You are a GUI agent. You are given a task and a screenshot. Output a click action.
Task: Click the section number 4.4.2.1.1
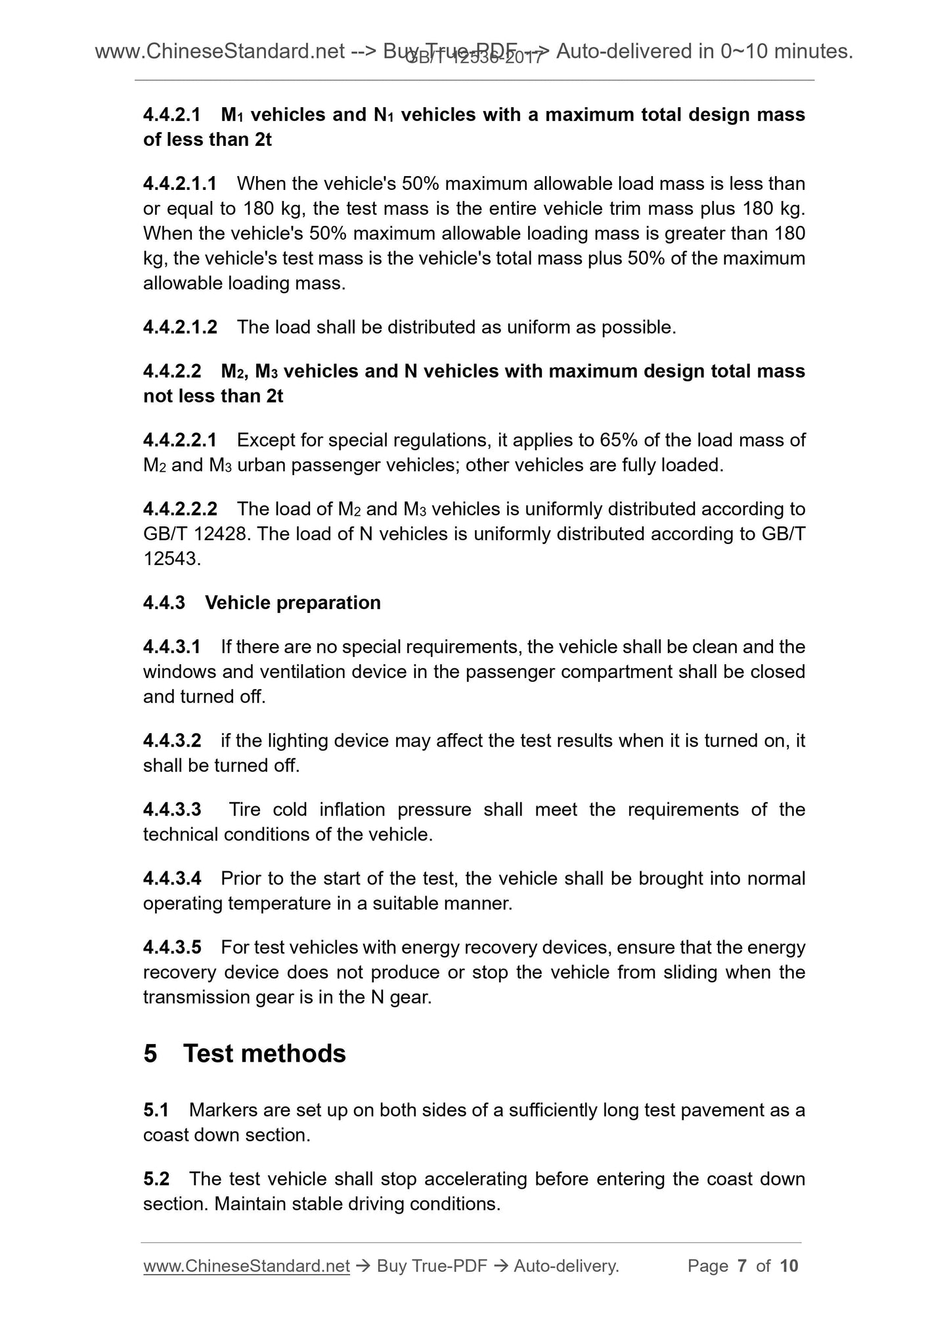pos(180,183)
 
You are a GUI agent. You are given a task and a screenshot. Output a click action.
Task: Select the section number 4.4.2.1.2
pos(180,327)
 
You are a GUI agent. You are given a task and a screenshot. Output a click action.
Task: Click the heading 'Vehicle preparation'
pos(293,603)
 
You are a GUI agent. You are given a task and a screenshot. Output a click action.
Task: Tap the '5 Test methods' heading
pos(244,1053)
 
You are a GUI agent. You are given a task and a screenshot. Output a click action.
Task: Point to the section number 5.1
pos(156,1110)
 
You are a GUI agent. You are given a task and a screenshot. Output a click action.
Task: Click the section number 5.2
pos(156,1179)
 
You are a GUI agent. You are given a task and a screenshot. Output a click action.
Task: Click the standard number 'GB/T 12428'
pos(196,534)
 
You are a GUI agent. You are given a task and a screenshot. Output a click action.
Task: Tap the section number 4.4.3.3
pos(172,809)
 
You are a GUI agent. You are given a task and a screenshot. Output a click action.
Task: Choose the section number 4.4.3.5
pos(172,947)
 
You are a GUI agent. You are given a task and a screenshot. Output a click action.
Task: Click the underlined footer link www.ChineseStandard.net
pos(246,1266)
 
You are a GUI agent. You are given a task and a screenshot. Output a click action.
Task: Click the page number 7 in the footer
pos(742,1266)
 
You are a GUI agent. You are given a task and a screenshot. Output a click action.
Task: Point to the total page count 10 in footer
pos(789,1266)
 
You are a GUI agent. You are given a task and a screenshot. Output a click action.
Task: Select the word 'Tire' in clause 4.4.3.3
pos(244,809)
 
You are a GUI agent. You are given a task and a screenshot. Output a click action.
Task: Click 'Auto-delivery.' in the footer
pos(566,1266)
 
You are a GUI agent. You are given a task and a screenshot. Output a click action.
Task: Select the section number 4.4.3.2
pos(172,741)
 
